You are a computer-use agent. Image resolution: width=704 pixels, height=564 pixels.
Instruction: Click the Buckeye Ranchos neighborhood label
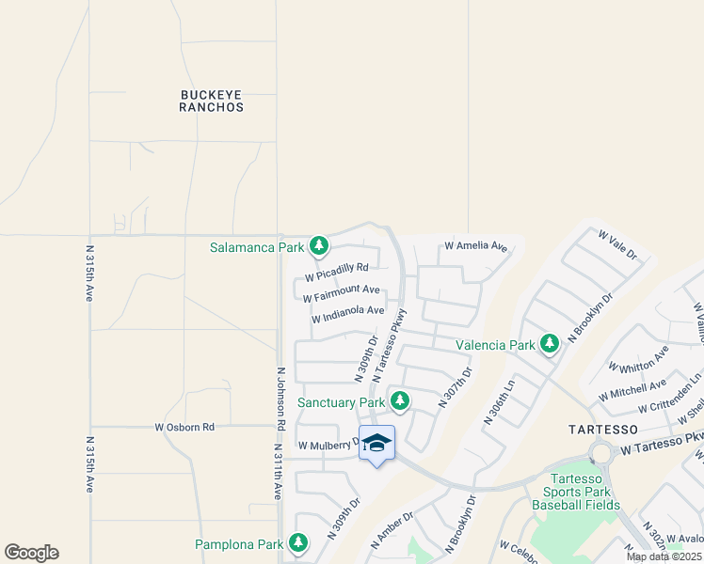pyautogui.click(x=212, y=101)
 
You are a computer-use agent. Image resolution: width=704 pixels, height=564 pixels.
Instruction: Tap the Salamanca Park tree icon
pyautogui.click(x=320, y=246)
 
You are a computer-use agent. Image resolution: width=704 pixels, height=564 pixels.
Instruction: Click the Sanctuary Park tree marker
pyautogui.click(x=400, y=401)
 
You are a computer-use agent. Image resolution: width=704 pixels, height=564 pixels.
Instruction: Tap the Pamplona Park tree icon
pyautogui.click(x=298, y=543)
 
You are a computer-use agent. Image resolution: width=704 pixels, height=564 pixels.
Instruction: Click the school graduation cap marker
pyautogui.click(x=376, y=442)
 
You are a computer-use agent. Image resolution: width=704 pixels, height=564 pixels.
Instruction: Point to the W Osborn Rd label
pyautogui.click(x=184, y=427)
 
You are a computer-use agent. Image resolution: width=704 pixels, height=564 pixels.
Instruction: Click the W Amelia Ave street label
pyautogui.click(x=475, y=246)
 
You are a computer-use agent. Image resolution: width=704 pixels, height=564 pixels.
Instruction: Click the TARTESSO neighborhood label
pyautogui.click(x=604, y=429)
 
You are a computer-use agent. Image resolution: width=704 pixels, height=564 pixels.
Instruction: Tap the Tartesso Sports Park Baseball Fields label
pyautogui.click(x=576, y=492)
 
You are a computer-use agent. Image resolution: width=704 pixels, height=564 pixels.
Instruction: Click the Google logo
pyautogui.click(x=31, y=553)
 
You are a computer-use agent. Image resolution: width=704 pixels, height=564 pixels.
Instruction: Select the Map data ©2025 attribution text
pyautogui.click(x=664, y=556)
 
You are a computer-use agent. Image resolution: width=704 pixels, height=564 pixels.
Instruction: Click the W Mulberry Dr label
pyautogui.click(x=328, y=445)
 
